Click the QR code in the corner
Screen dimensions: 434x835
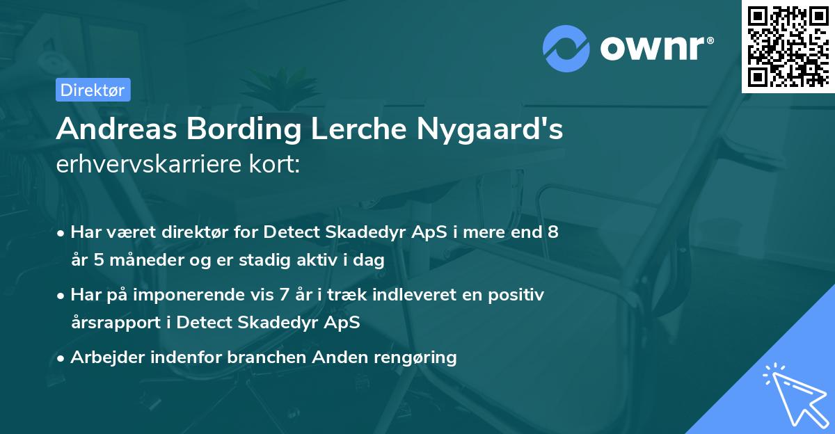coord(788,47)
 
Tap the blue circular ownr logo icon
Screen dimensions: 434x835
coord(566,49)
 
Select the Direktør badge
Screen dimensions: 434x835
coord(93,90)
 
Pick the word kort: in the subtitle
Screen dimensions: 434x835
coord(276,166)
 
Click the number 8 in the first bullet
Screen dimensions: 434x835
coord(552,232)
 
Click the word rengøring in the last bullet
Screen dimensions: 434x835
coord(417,357)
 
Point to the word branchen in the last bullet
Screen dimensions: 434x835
coord(268,357)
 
